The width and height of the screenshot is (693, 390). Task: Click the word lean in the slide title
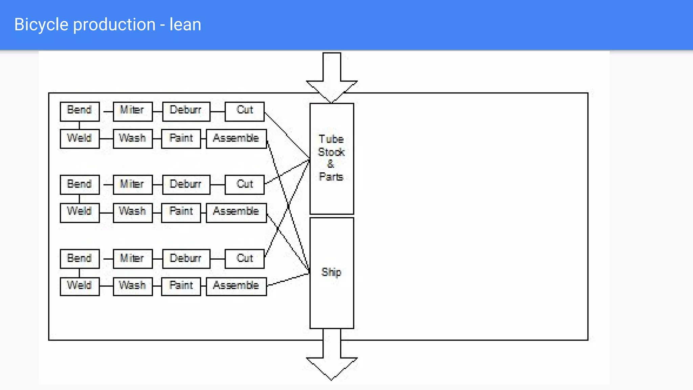click(x=185, y=25)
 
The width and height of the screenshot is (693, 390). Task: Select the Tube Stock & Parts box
click(x=332, y=158)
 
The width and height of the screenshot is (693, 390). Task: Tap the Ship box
click(x=332, y=273)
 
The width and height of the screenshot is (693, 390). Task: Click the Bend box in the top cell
click(x=80, y=111)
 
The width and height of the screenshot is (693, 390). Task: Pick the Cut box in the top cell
click(x=244, y=111)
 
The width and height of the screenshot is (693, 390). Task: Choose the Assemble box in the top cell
click(x=236, y=138)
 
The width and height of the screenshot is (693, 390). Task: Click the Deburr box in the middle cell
click(x=186, y=185)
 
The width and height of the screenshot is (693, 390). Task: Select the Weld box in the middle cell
click(x=80, y=212)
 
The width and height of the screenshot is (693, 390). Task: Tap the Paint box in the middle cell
click(x=181, y=212)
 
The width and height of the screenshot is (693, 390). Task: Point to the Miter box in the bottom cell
click(x=132, y=259)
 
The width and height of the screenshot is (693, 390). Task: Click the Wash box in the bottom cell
click(x=132, y=286)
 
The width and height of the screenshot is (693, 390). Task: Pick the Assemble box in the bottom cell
click(x=236, y=286)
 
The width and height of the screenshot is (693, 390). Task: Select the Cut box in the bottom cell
click(x=244, y=259)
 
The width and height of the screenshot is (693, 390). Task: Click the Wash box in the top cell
click(x=132, y=138)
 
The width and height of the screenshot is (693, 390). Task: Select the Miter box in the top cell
click(x=132, y=111)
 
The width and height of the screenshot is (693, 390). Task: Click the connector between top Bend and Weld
click(x=80, y=125)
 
